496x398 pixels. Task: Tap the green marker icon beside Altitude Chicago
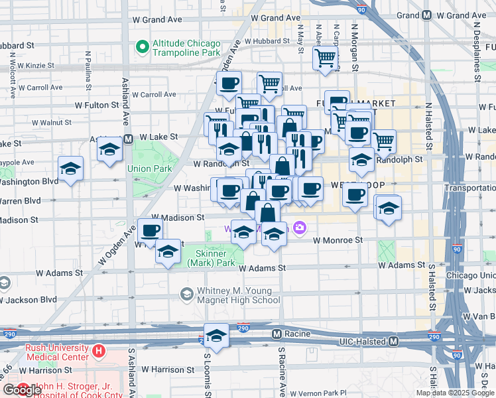point(141,47)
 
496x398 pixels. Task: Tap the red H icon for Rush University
point(99,350)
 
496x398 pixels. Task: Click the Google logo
point(22,390)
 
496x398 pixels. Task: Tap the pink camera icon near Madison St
point(300,228)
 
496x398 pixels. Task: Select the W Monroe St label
point(338,240)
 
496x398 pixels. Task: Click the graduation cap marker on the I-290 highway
point(216,336)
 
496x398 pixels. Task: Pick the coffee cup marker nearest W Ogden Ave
point(150,230)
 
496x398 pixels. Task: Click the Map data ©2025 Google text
point(455,393)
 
